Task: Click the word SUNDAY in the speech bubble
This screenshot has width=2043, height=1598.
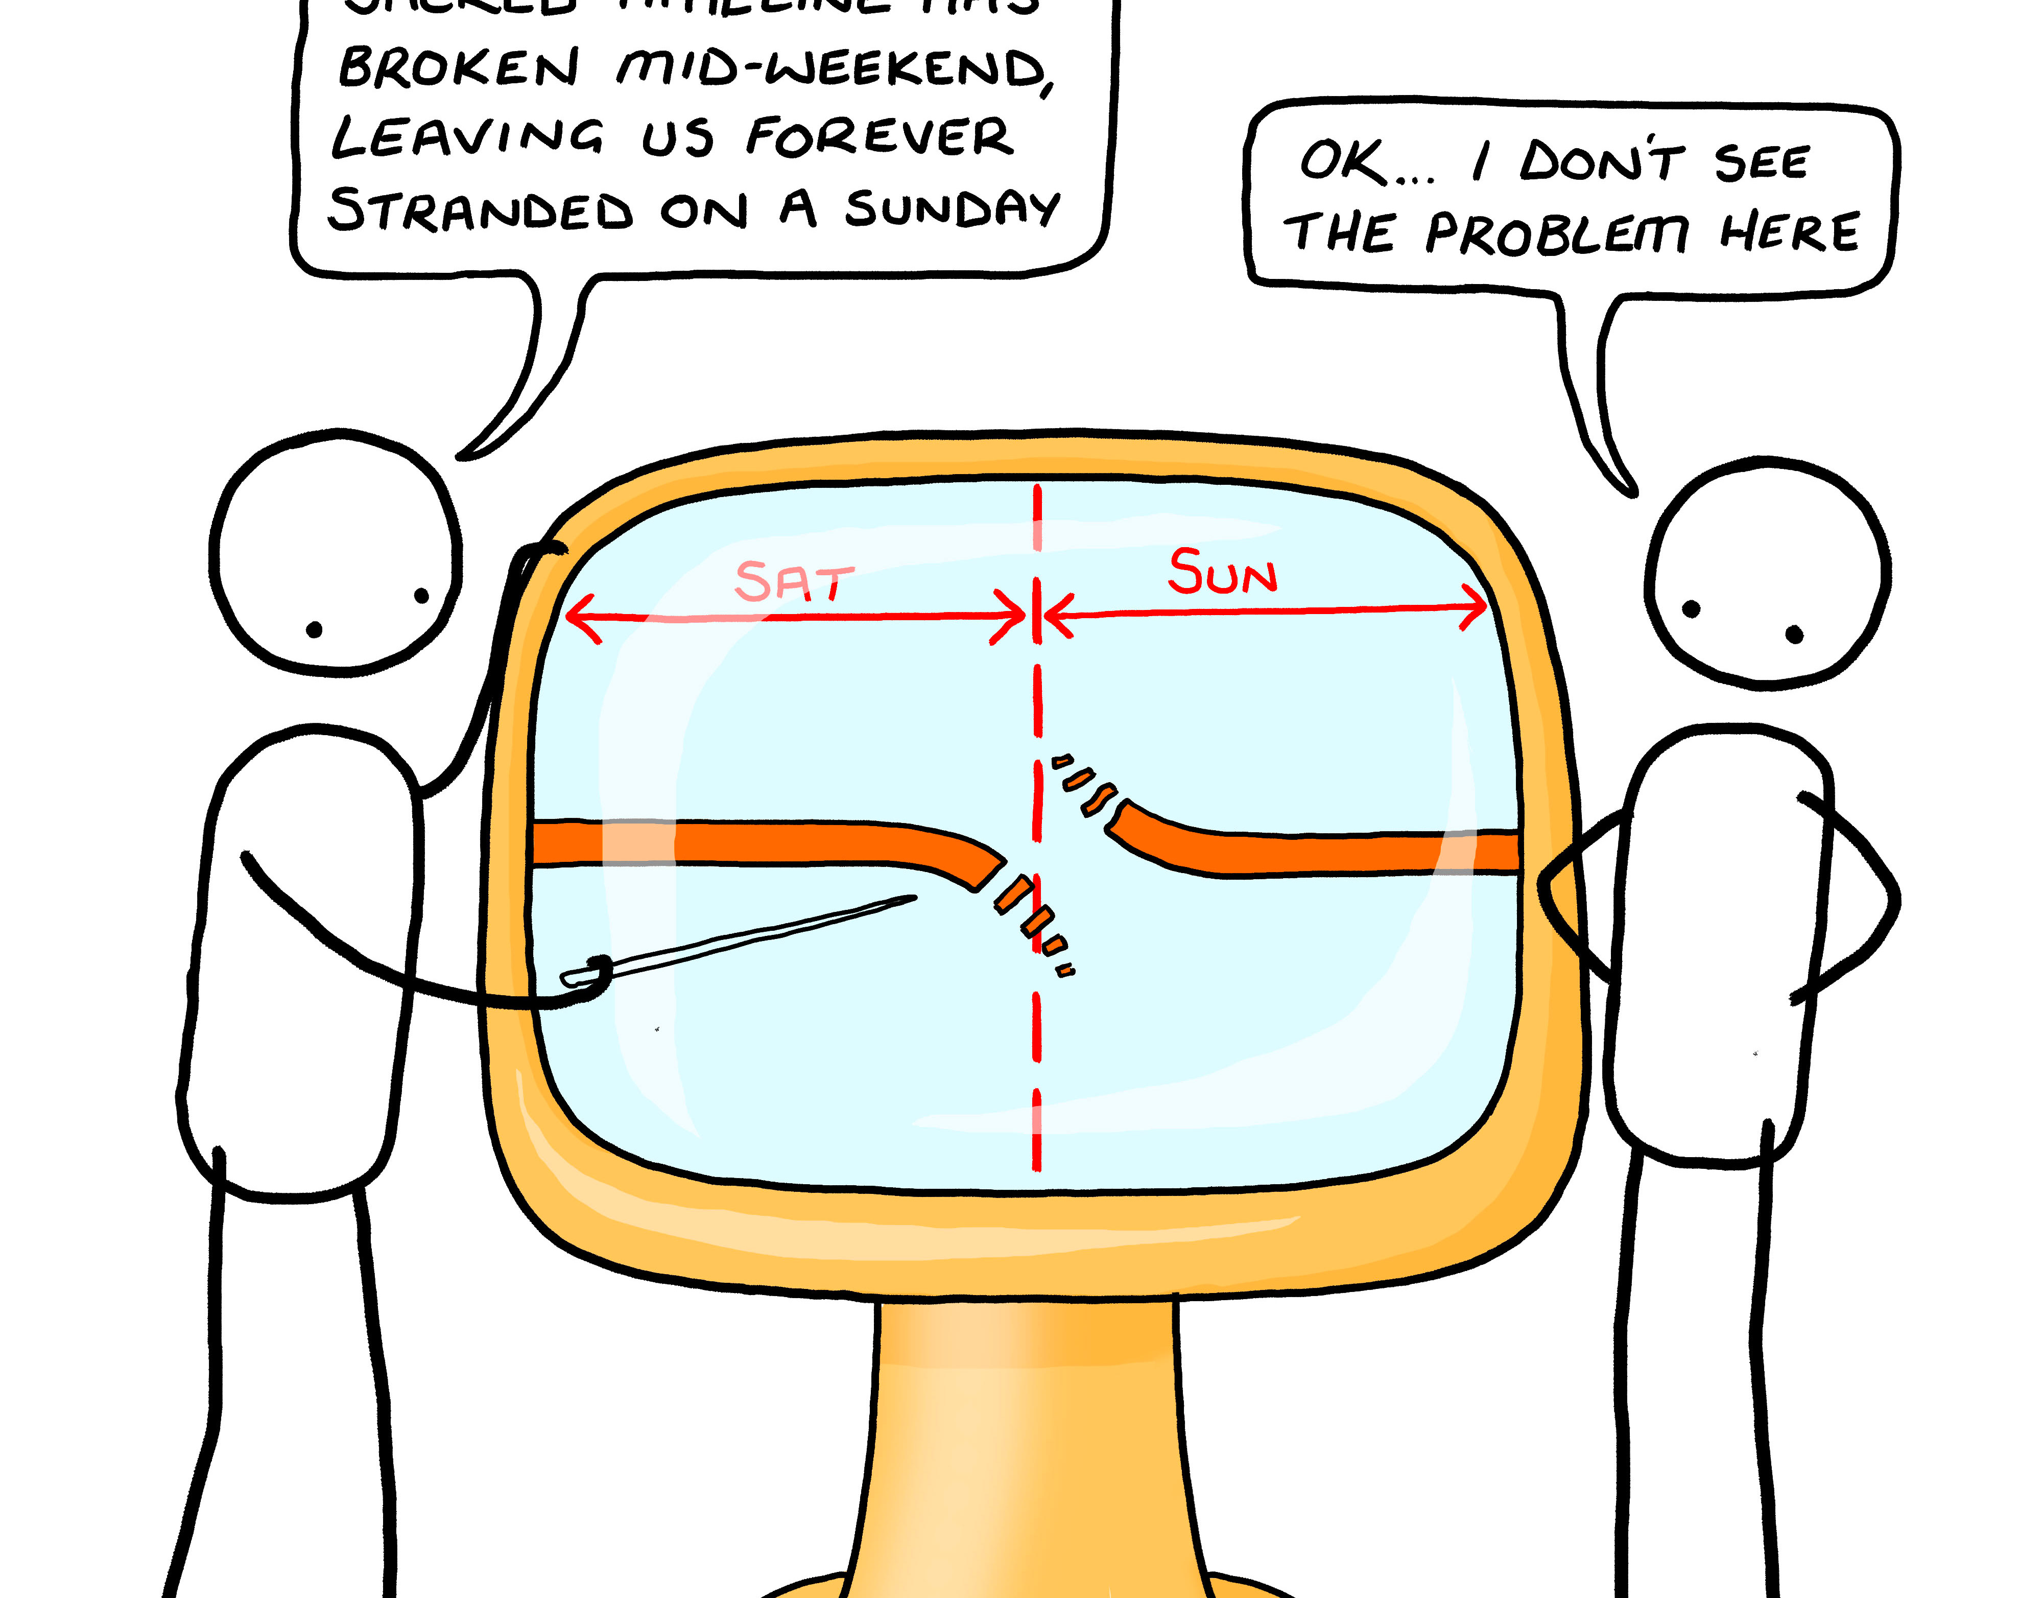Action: pos(952,208)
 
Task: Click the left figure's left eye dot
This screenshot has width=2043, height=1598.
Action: pos(314,630)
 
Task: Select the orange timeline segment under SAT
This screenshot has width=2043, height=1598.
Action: pos(748,842)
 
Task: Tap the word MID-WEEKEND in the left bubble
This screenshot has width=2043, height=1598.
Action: pos(833,69)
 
